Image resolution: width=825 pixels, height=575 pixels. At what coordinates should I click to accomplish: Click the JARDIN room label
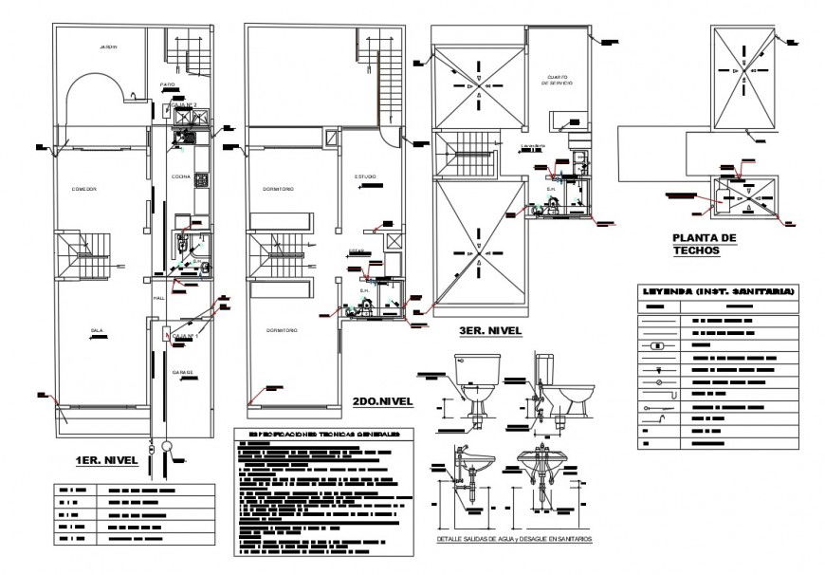pos(106,46)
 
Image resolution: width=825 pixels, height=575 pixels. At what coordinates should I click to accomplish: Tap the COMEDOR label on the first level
pos(85,189)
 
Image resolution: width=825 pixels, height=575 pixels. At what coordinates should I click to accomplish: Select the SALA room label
pos(97,330)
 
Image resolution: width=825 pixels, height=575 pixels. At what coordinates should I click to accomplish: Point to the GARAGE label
pos(182,372)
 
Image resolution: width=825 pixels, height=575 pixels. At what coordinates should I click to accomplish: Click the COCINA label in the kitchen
pos(181,176)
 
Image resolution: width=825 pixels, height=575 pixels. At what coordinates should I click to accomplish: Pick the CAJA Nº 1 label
pos(184,336)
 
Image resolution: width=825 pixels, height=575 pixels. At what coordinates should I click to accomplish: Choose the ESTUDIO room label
pos(366,176)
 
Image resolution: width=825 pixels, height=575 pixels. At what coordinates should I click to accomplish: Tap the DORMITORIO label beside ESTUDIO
pos(279,189)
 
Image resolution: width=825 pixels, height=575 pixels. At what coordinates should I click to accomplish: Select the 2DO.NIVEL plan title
pos(382,401)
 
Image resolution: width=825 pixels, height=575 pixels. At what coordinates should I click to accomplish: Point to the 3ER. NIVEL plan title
pos(490,330)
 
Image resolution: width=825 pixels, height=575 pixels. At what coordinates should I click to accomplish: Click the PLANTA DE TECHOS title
pos(704,245)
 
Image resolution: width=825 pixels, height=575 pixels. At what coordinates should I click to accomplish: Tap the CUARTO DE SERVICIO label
pos(557,80)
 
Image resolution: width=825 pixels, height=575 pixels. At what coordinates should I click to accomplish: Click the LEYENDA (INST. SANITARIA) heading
pos(718,291)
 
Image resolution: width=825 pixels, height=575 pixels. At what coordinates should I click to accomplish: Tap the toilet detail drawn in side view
pos(561,384)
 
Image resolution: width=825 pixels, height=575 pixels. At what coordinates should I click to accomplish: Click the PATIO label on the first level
pos(169,84)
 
